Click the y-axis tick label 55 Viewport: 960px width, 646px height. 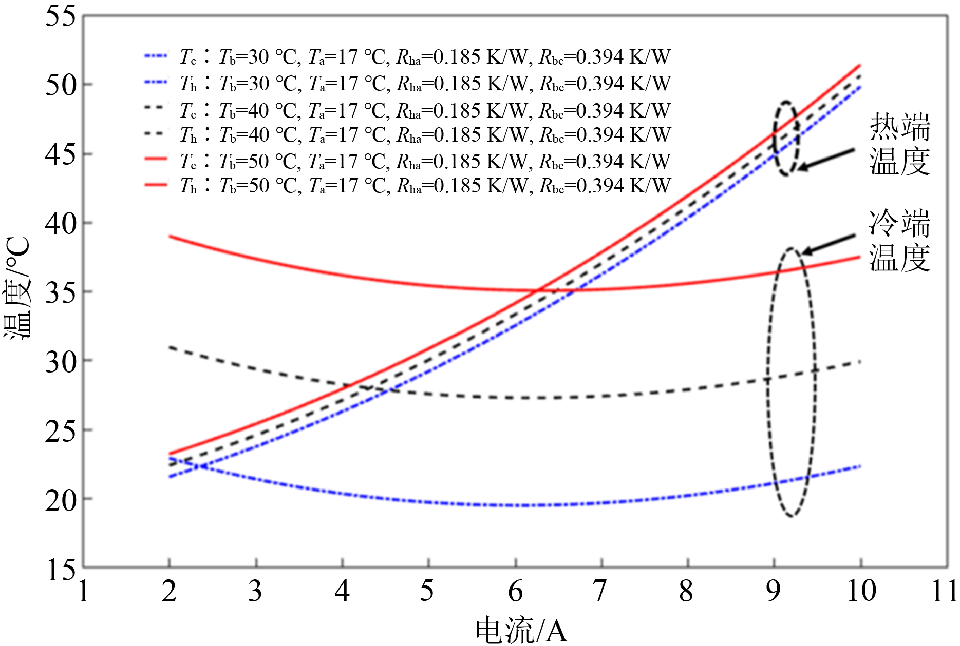pyautogui.click(x=60, y=16)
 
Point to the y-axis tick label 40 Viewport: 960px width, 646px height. pyautogui.click(x=60, y=224)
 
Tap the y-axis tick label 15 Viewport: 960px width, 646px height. pyautogui.click(x=60, y=570)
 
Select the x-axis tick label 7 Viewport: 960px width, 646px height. pyautogui.click(x=600, y=591)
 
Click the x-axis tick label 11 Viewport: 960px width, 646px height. pyautogui.click(x=944, y=591)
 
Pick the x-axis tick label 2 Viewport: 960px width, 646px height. pyautogui.click(x=169, y=591)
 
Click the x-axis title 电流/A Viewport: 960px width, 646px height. pyautogui.click(x=521, y=630)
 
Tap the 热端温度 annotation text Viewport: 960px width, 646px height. pyautogui.click(x=899, y=144)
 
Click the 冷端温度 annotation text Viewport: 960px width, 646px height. pyautogui.click(x=899, y=240)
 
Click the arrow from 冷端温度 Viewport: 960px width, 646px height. pyautogui.click(x=828, y=244)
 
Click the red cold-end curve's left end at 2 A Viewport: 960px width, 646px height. pyautogui.click(x=170, y=236)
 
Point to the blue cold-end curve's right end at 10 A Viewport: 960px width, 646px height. pyautogui.click(x=860, y=466)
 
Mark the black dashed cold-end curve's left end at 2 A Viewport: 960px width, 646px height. pyautogui.click(x=170, y=347)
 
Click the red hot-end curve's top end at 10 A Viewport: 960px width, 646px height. pyautogui.click(x=860, y=65)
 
